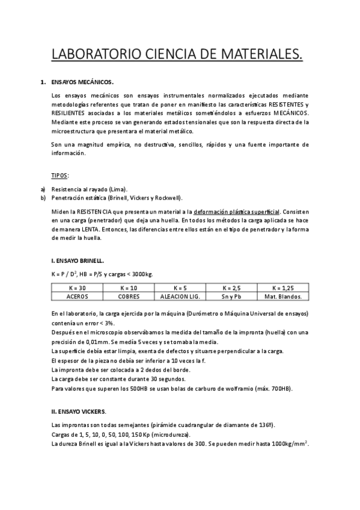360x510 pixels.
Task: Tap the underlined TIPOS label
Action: coord(60,175)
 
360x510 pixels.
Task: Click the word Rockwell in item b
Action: coord(167,197)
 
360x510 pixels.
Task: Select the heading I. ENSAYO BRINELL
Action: coord(78,260)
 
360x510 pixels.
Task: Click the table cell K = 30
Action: coord(78,288)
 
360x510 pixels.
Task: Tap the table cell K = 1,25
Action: coord(283,288)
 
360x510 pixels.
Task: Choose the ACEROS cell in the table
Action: coord(78,296)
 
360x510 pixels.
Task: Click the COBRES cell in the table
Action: coord(129,296)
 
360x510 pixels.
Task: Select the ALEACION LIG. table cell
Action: coord(180,296)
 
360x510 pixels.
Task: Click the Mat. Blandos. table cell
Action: coord(283,296)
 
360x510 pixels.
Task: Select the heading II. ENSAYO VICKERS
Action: coord(79,412)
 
